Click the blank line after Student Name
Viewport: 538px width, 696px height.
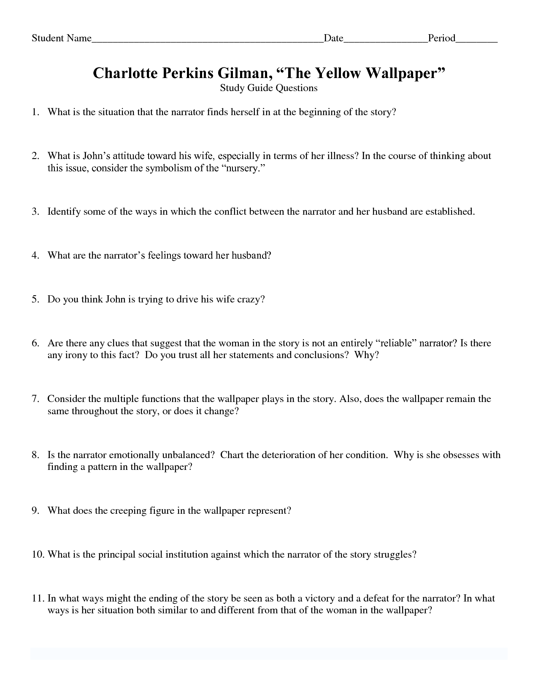click(207, 41)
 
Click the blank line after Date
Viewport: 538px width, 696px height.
click(385, 41)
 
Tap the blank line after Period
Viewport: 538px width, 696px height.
click(476, 41)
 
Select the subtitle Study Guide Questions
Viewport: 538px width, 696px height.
click(268, 88)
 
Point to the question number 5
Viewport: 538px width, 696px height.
click(35, 299)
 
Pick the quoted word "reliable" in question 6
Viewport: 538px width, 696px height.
click(396, 343)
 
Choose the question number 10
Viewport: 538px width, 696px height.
click(38, 555)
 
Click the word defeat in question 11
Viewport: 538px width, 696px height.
click(369, 599)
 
